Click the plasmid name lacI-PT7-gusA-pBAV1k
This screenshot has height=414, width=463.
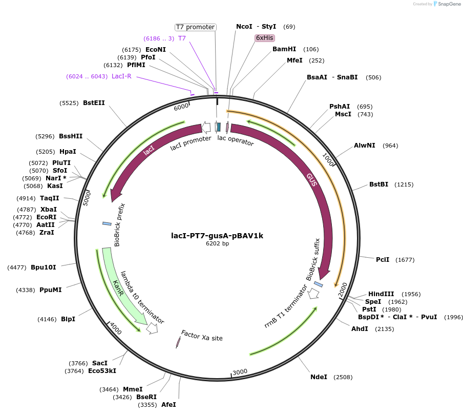(217, 236)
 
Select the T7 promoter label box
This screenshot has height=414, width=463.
(195, 27)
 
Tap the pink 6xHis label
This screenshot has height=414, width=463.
(265, 38)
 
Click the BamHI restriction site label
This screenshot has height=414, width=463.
(284, 49)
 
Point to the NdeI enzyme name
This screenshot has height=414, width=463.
(319, 377)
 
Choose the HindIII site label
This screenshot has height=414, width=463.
(381, 294)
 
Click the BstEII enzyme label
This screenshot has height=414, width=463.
(94, 103)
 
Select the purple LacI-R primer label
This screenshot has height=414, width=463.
(122, 76)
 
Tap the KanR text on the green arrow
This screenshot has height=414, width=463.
(118, 287)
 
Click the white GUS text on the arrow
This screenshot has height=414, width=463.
(312, 179)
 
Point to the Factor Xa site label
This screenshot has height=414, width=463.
(202, 336)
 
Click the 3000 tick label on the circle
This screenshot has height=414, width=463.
(240, 372)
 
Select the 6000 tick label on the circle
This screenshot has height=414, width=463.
(181, 107)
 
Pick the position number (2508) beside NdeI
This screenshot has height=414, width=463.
(343, 377)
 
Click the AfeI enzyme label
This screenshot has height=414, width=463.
(169, 404)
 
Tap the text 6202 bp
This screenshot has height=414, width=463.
(217, 244)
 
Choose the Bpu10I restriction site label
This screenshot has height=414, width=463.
(44, 267)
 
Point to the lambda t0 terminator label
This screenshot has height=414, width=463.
(142, 298)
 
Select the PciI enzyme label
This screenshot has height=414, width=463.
(383, 260)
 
